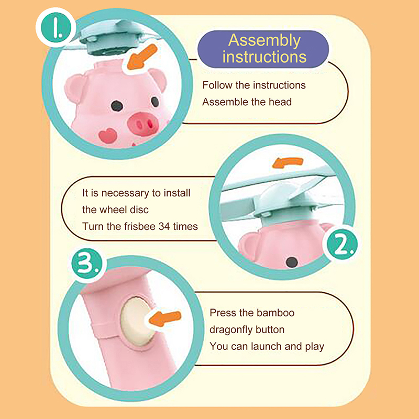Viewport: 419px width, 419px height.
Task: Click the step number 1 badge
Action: (57, 27)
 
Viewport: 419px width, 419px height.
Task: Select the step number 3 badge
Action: (87, 264)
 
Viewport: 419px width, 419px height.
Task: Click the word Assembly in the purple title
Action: (264, 41)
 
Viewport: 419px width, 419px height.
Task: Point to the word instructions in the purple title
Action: (264, 57)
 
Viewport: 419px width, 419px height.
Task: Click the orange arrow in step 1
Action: (141, 57)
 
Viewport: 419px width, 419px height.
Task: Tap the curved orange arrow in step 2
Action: (288, 162)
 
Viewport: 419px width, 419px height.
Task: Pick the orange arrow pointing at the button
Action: (165, 318)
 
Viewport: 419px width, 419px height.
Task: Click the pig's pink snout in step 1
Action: (142, 124)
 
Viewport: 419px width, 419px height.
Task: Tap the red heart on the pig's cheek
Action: (108, 136)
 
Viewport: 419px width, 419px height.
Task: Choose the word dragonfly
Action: (230, 330)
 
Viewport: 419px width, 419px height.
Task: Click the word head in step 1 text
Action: (280, 102)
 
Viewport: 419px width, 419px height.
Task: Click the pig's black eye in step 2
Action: (292, 262)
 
